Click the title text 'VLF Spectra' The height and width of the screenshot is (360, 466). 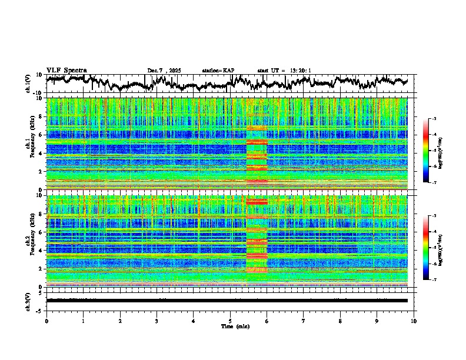click(x=66, y=70)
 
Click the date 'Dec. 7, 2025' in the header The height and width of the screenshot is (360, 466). click(x=164, y=71)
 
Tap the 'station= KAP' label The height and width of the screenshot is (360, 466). click(x=218, y=71)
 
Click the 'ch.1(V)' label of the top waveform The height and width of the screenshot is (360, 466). click(x=28, y=84)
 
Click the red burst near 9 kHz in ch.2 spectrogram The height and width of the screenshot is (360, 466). click(x=257, y=202)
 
